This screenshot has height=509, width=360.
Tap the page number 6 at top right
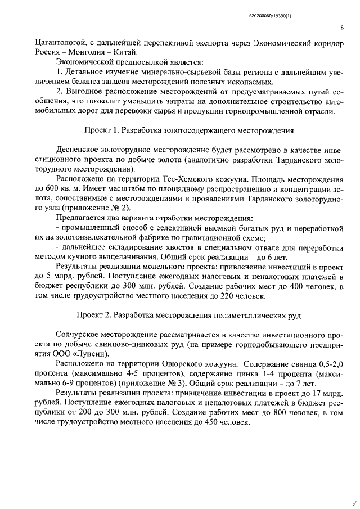[x=341, y=27]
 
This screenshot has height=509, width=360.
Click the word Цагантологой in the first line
[x=60, y=42]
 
